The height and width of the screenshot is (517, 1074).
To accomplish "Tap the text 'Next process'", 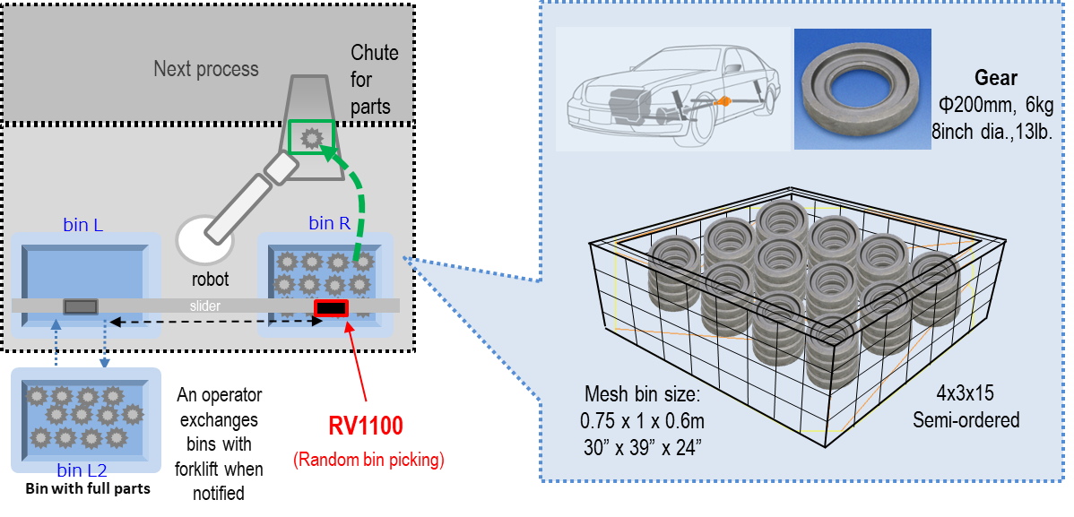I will tap(205, 69).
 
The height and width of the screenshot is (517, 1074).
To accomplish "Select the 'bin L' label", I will tap(82, 225).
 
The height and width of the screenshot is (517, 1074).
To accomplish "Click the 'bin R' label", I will tap(329, 224).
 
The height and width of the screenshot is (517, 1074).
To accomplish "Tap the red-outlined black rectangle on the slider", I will tap(331, 308).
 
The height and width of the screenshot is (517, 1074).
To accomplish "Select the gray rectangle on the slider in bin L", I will tap(81, 306).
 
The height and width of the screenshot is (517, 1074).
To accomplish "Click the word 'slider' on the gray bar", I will tap(204, 306).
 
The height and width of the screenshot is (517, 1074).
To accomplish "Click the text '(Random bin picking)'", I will tap(368, 460).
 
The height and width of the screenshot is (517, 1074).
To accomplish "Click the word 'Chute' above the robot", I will tap(374, 53).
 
